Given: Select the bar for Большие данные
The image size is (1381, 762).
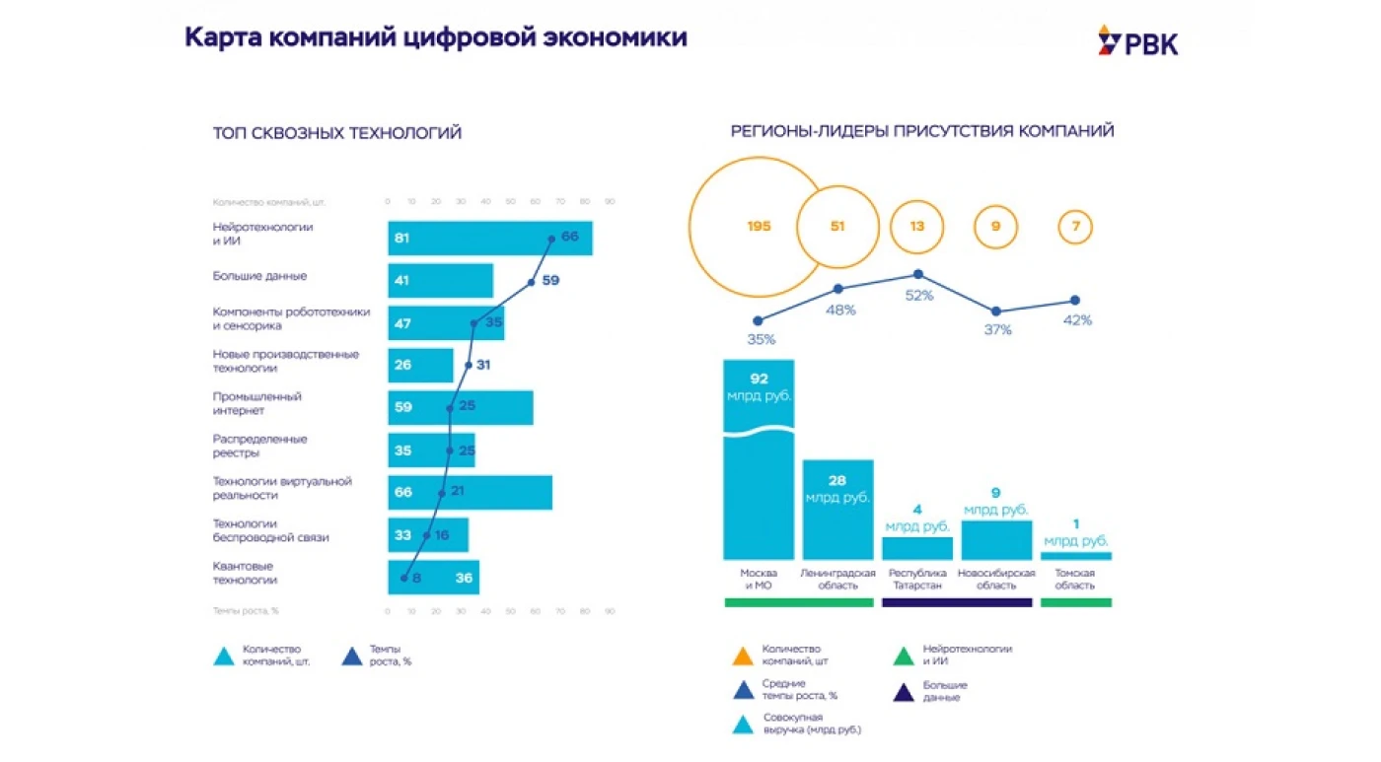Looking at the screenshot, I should [440, 281].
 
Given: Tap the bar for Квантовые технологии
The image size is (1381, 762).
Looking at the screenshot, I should [433, 578].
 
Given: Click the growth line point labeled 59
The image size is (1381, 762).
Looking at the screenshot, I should [532, 282].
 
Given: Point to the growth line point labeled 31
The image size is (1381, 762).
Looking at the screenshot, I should [469, 365].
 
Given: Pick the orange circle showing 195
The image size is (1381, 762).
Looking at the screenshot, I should [758, 227].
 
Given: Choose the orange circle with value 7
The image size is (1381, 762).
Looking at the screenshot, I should [1075, 227].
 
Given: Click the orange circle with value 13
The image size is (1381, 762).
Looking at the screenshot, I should [917, 227].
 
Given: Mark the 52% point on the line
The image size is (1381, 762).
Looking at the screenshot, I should [918, 275].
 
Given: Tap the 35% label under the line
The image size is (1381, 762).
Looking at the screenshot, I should [761, 339].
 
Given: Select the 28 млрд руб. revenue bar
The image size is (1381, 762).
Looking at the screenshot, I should [837, 510].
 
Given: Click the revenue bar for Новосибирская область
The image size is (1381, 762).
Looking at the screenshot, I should [996, 540].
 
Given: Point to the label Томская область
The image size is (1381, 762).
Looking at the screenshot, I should [1075, 580].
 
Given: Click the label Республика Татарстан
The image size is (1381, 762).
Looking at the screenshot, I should [917, 580].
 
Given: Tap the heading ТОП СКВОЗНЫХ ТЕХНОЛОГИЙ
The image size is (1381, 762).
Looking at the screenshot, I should [337, 133].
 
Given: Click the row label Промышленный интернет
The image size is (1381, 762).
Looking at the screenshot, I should [257, 403].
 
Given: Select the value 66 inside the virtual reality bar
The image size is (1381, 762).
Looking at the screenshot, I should [402, 492].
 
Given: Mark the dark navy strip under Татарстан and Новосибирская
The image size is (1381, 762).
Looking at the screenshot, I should [957, 602].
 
